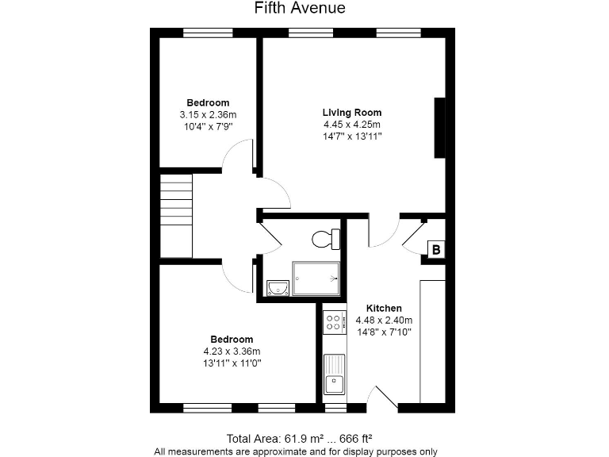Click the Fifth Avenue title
300,9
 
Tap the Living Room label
351,112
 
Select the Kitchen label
384,308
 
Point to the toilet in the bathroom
325,238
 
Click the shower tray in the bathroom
316,278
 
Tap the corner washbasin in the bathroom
277,287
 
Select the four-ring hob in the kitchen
335,321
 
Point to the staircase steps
176,216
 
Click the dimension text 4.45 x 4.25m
351,125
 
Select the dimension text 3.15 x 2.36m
208,115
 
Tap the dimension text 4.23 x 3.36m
232,351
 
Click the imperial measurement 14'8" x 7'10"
384,332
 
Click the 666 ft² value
356,438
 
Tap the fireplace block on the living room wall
439,128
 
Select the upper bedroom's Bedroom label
208,102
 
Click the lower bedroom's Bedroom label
232,340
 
